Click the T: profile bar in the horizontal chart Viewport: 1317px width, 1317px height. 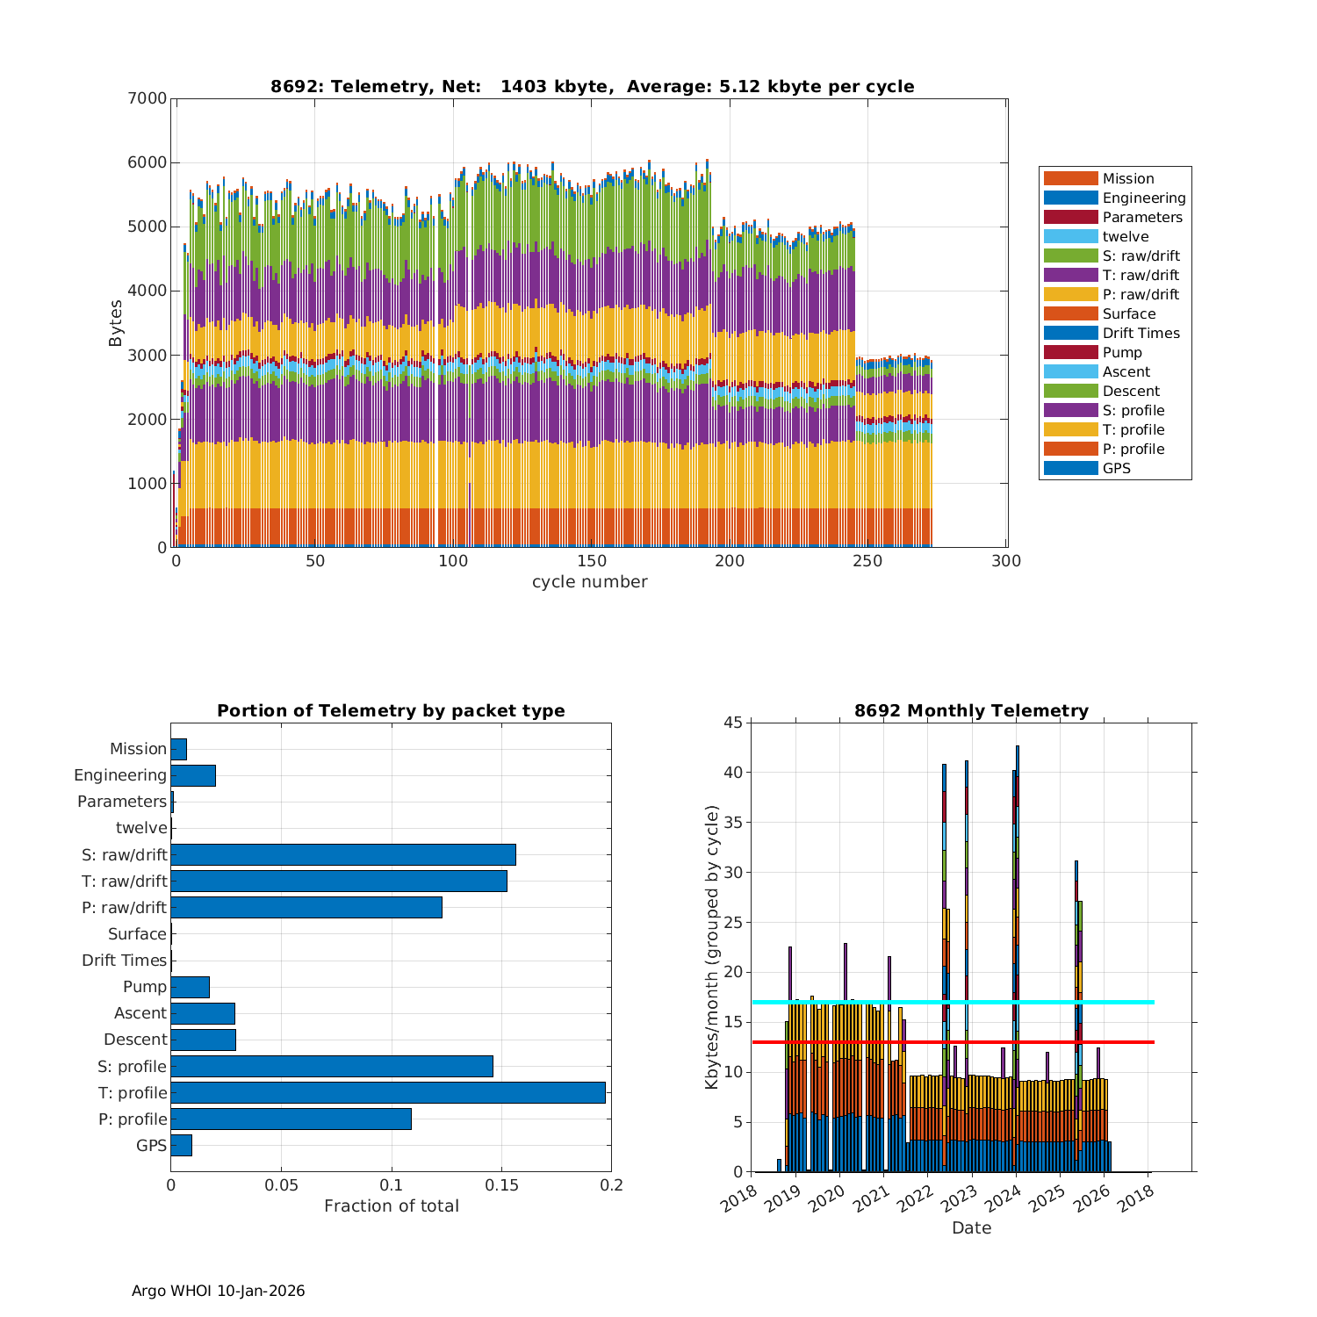coord(387,1092)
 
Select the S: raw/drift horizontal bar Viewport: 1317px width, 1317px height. coord(342,854)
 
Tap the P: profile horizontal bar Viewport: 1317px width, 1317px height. coord(291,1119)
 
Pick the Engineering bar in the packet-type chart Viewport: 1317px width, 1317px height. coord(193,775)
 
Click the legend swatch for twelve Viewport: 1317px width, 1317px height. coord(1070,236)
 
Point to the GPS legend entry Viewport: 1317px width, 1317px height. coord(1116,468)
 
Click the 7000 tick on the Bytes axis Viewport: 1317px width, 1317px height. coord(148,98)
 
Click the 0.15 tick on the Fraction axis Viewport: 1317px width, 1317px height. coord(501,1185)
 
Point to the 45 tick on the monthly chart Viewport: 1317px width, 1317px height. coord(732,723)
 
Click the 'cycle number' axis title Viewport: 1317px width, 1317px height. coord(589,581)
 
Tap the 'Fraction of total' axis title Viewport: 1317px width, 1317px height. coord(391,1205)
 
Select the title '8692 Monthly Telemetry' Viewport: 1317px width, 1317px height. coord(971,710)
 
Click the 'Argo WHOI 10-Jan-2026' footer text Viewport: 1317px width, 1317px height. coord(218,1291)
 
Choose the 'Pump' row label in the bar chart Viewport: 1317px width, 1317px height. coord(145,986)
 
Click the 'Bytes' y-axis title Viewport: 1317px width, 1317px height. coord(115,323)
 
